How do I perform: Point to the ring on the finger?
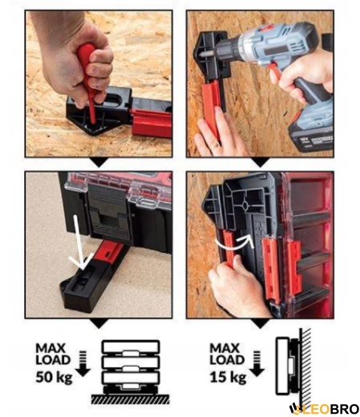click(215, 145)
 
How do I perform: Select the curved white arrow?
click(234, 243)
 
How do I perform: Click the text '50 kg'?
click(54, 378)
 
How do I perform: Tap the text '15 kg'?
click(228, 378)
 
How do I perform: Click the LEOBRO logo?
click(324, 409)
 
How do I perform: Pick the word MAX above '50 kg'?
click(51, 348)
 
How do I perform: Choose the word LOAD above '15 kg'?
click(227, 359)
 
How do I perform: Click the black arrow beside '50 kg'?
click(83, 363)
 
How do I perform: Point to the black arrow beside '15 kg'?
click(257, 363)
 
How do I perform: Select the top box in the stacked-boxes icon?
click(131, 347)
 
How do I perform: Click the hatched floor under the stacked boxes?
click(130, 399)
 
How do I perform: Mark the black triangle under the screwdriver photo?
click(99, 161)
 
